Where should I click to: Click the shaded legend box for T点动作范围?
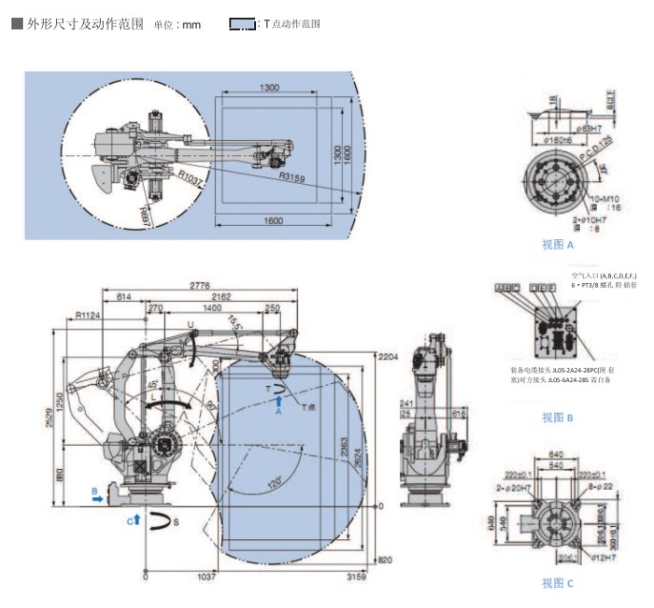(242, 24)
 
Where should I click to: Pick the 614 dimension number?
(124, 297)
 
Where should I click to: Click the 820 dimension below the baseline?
(385, 559)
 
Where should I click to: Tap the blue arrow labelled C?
(136, 519)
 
